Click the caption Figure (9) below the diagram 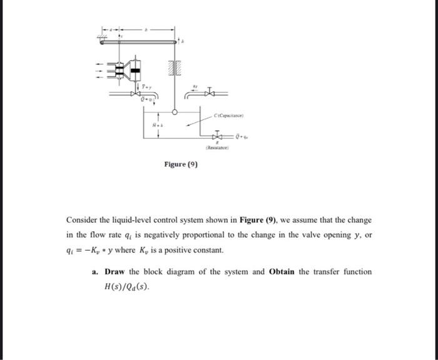click(x=181, y=165)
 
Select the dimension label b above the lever click(x=146, y=29)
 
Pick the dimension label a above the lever click(x=110, y=29)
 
